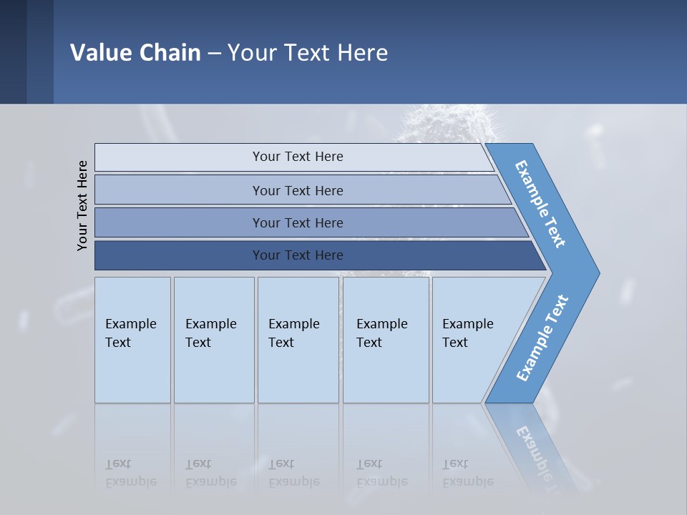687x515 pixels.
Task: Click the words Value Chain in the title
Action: (x=135, y=52)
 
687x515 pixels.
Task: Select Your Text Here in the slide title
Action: (x=308, y=52)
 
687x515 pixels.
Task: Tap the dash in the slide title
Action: (x=214, y=53)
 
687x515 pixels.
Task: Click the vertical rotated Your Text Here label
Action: (x=82, y=205)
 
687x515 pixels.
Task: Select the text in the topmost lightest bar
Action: (x=298, y=157)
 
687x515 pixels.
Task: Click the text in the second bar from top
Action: (x=298, y=190)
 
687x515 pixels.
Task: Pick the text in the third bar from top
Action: (x=298, y=222)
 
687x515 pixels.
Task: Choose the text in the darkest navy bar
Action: (x=298, y=255)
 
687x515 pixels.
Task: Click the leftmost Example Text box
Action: (x=132, y=333)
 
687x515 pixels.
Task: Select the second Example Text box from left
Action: (x=212, y=333)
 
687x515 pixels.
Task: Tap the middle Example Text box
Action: (x=295, y=333)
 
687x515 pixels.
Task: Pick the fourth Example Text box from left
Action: (x=383, y=333)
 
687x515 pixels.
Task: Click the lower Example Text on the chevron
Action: (x=542, y=338)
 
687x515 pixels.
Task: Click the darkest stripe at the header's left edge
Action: (x=13, y=51)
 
